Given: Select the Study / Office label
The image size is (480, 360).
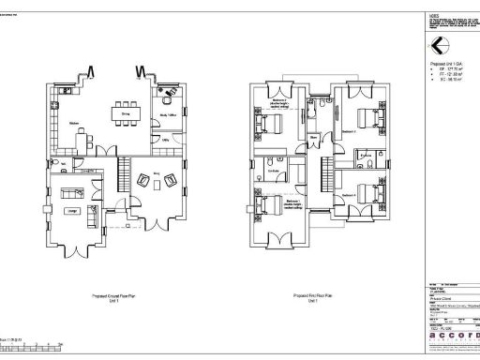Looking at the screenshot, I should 168,115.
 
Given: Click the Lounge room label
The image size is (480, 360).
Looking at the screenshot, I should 72,212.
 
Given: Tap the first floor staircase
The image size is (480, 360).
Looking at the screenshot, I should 325,172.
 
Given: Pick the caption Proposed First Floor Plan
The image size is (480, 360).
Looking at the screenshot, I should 310,292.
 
